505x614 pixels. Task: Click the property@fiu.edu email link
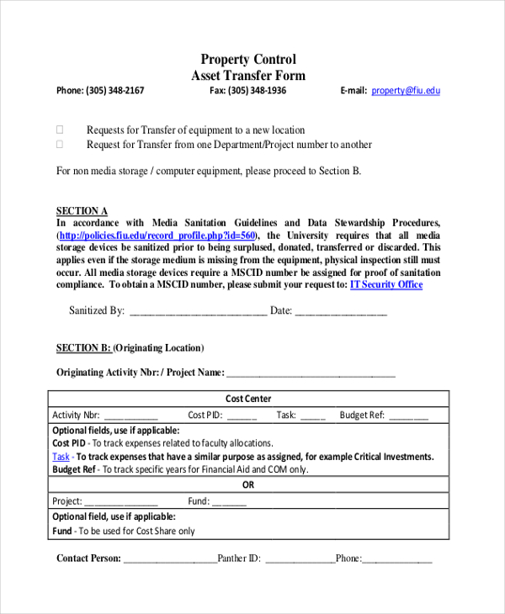point(405,91)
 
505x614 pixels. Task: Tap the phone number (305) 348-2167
point(114,91)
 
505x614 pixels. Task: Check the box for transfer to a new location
point(60,130)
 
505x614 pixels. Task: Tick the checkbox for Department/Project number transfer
point(60,144)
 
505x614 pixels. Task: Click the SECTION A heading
point(82,211)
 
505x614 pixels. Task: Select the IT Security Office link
point(385,284)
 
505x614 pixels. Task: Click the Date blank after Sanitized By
point(341,311)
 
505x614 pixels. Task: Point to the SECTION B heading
point(83,347)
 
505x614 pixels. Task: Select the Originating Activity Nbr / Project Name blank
point(311,373)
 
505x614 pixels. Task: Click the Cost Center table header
point(248,399)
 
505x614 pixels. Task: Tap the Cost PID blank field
point(242,416)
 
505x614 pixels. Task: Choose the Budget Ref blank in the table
point(408,416)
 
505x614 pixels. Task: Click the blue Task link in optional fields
point(61,457)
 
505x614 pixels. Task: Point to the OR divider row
point(248,485)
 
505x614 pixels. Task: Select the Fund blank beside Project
point(229,501)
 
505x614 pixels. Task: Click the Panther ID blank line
point(300,558)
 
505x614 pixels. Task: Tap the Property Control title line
point(248,59)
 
